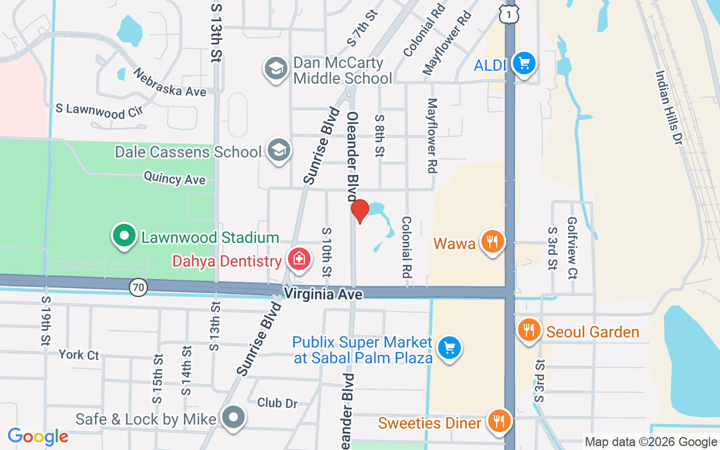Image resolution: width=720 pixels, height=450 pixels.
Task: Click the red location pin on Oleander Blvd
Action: tap(359, 211)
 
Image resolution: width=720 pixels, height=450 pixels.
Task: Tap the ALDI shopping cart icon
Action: tap(524, 63)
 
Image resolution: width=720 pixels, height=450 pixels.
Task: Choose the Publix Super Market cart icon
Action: tap(449, 348)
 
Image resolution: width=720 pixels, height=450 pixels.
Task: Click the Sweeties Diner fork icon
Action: tap(498, 421)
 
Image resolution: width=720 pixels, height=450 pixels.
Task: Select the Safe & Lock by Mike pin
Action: tap(232, 417)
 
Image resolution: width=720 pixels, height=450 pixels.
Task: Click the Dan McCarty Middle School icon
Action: tap(276, 69)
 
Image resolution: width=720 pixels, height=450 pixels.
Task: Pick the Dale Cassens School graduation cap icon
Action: tap(278, 150)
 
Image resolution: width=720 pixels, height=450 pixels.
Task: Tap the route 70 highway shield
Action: tap(138, 288)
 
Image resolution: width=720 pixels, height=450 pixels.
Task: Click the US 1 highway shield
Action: tap(508, 15)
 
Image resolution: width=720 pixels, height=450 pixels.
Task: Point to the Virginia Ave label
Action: tap(323, 294)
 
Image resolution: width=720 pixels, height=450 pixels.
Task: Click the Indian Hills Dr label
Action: tap(669, 108)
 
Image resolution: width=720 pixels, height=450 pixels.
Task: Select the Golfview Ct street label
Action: tap(573, 247)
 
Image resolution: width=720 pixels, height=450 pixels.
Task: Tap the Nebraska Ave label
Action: tap(169, 82)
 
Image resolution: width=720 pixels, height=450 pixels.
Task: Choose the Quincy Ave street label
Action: tap(174, 178)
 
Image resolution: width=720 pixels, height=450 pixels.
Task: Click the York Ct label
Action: tap(79, 355)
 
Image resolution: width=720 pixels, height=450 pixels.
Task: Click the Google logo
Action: tap(38, 436)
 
